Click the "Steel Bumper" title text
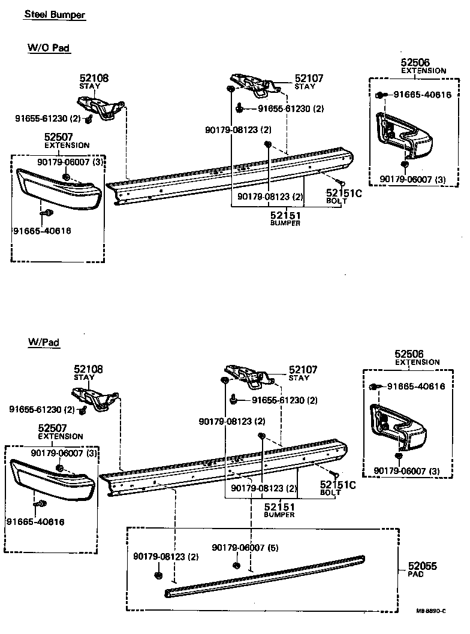[x=55, y=14]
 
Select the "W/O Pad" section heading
[x=49, y=48]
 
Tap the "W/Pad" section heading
[x=43, y=342]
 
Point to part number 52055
[x=423, y=566]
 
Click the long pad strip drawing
[x=264, y=576]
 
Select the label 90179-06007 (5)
[x=242, y=548]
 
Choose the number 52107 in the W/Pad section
[x=303, y=370]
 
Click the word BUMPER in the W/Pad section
[x=279, y=515]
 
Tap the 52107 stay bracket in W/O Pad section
[x=254, y=84]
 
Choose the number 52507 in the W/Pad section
[x=52, y=428]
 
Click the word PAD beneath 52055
[x=416, y=574]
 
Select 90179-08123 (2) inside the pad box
[x=165, y=557]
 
